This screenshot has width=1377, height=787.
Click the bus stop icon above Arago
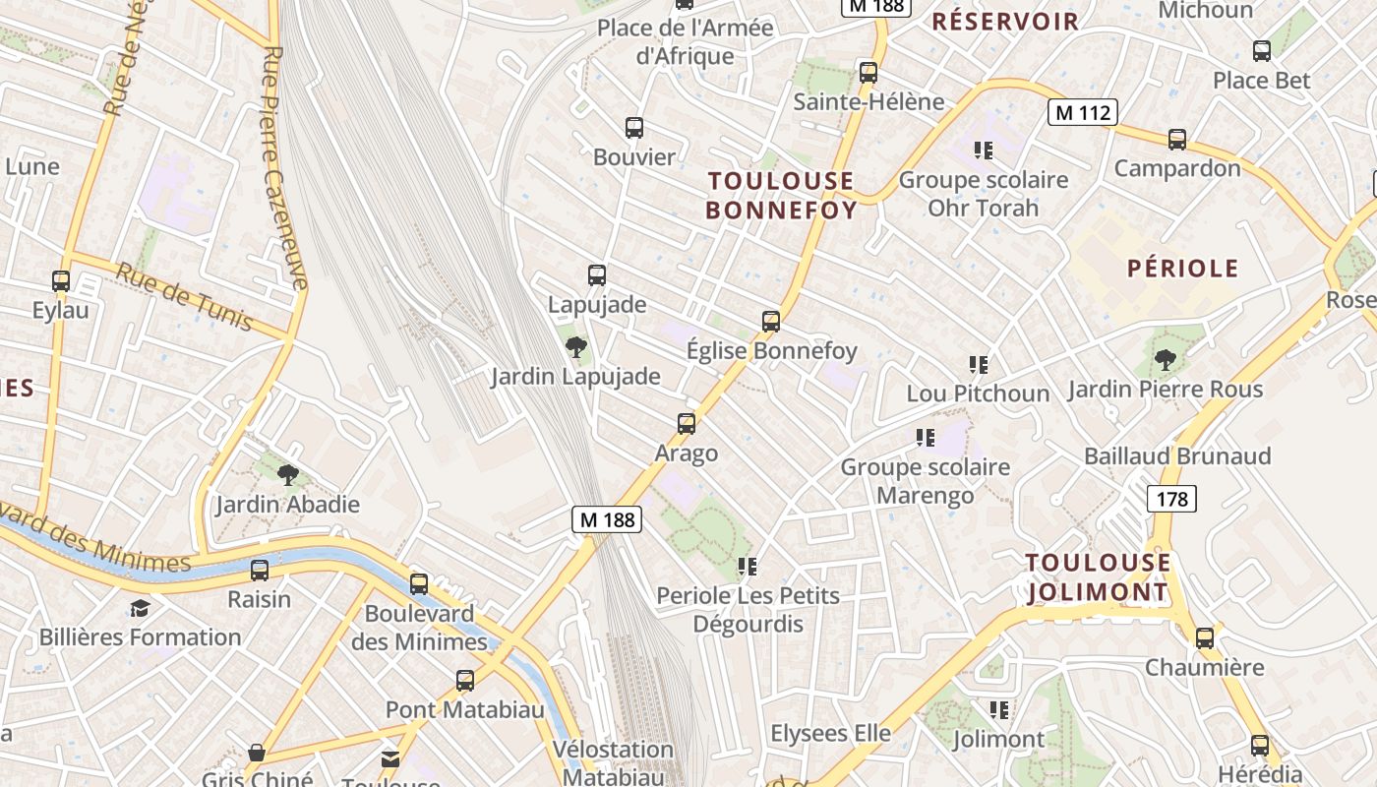[687, 424]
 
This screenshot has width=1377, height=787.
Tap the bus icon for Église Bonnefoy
[771, 321]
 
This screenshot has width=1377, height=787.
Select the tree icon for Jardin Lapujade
[576, 346]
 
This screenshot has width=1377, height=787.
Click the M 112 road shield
[1082, 112]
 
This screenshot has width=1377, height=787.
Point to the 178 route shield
[1171, 499]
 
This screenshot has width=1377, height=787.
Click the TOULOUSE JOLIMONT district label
[1099, 577]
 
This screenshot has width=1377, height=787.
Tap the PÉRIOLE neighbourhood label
[1182, 268]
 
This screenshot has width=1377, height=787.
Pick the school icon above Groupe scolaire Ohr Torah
[983, 151]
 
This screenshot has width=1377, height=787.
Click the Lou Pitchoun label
[978, 393]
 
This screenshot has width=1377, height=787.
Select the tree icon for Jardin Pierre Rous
[1166, 360]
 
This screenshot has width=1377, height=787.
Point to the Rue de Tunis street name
[185, 296]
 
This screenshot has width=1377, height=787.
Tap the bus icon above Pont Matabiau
[465, 680]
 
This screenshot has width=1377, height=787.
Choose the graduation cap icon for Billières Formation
[140, 608]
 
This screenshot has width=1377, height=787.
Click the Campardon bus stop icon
[1177, 140]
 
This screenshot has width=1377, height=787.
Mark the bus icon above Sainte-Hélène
[868, 72]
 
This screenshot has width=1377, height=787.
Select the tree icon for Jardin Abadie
[288, 475]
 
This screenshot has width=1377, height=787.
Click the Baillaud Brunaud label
[1177, 455]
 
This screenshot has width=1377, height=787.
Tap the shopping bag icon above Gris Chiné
[257, 753]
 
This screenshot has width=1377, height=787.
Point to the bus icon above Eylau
[61, 281]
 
